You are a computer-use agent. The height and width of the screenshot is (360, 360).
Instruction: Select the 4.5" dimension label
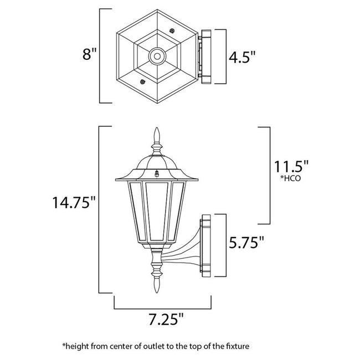(x=242, y=56)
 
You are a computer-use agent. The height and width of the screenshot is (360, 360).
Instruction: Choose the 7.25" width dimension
(x=166, y=319)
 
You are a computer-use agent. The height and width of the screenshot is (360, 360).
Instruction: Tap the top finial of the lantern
(x=156, y=136)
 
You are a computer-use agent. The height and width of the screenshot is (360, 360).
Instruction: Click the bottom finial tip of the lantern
(x=156, y=288)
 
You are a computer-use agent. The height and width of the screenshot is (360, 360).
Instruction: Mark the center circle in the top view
(x=156, y=56)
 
